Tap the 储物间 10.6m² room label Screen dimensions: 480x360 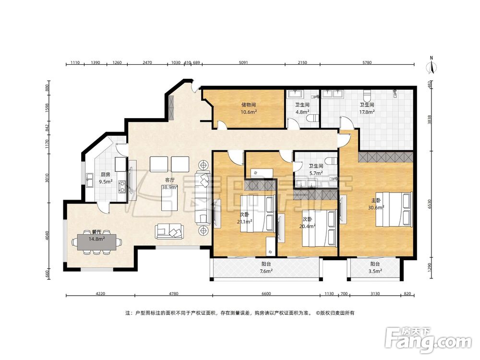click(249, 108)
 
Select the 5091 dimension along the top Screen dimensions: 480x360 click(243, 63)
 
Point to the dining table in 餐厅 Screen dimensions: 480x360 click(96, 242)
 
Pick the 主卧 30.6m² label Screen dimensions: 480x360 click(376, 204)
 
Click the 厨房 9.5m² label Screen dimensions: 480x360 click(105, 178)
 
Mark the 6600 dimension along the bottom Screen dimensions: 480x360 click(266, 294)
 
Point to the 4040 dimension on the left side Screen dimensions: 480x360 click(47, 236)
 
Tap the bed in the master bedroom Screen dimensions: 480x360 click(394, 209)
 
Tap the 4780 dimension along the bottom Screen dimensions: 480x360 click(174, 294)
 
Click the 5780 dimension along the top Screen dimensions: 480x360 click(367, 63)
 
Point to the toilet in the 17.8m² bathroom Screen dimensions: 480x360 click(367, 95)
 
